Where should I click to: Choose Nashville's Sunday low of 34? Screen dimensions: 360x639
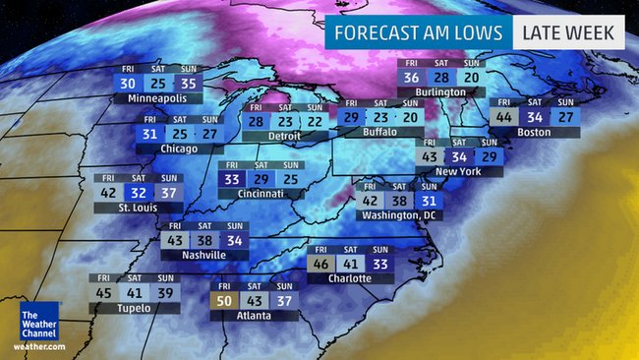[235, 240]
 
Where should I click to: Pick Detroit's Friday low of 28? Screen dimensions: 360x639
[256, 120]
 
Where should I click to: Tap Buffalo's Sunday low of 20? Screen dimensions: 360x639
[409, 117]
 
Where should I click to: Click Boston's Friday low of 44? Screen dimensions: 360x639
[504, 117]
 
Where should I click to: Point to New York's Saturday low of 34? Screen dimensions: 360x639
[459, 156]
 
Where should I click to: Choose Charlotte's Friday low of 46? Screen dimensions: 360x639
[320, 264]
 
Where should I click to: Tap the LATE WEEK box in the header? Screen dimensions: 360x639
[568, 32]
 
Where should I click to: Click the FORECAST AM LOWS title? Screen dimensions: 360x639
[419, 32]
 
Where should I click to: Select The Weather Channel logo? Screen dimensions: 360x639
[39, 324]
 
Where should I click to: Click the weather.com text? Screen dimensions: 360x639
[39, 346]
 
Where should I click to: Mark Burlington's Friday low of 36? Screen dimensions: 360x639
[412, 78]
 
